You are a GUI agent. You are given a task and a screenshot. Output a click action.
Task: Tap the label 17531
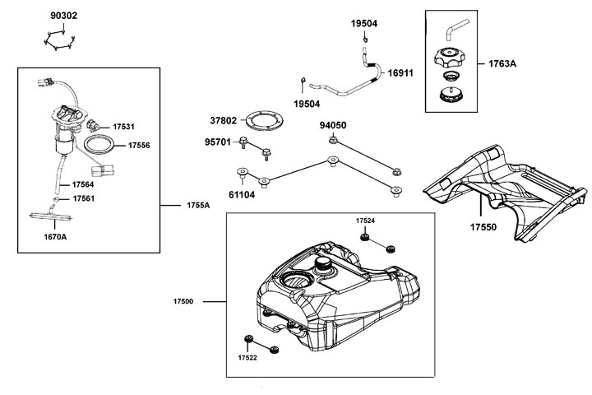pyautogui.click(x=123, y=126)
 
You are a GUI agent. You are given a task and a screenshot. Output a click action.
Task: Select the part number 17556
pyautogui.click(x=139, y=145)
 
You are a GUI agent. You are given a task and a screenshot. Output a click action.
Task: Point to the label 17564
pyautogui.click(x=84, y=185)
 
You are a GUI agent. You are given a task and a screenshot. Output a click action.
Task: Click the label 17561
pyautogui.click(x=84, y=198)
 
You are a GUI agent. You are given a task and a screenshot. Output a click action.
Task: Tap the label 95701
pyautogui.click(x=219, y=142)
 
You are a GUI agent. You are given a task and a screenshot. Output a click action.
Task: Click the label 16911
pyautogui.click(x=400, y=73)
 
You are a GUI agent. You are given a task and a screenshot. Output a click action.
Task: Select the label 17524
pyautogui.click(x=366, y=221)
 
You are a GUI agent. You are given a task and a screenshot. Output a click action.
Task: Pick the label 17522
pyautogui.click(x=248, y=358)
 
